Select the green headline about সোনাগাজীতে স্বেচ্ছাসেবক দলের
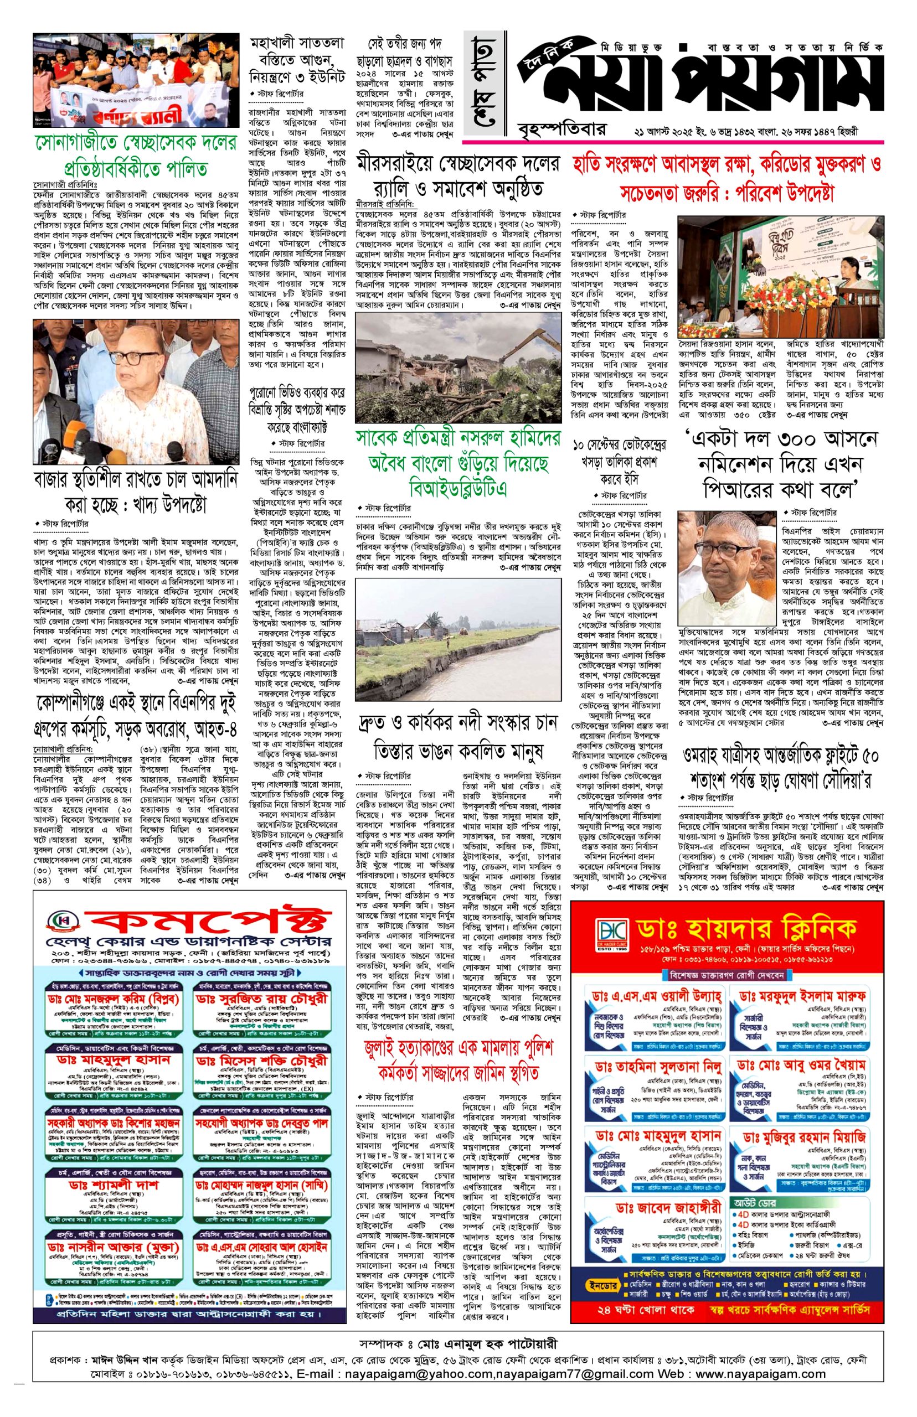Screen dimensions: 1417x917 pos(135,156)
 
